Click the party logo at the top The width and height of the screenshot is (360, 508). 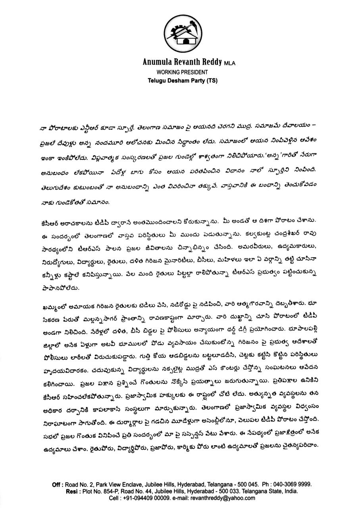tap(180, 34)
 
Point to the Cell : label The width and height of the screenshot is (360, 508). tap(114, 498)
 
